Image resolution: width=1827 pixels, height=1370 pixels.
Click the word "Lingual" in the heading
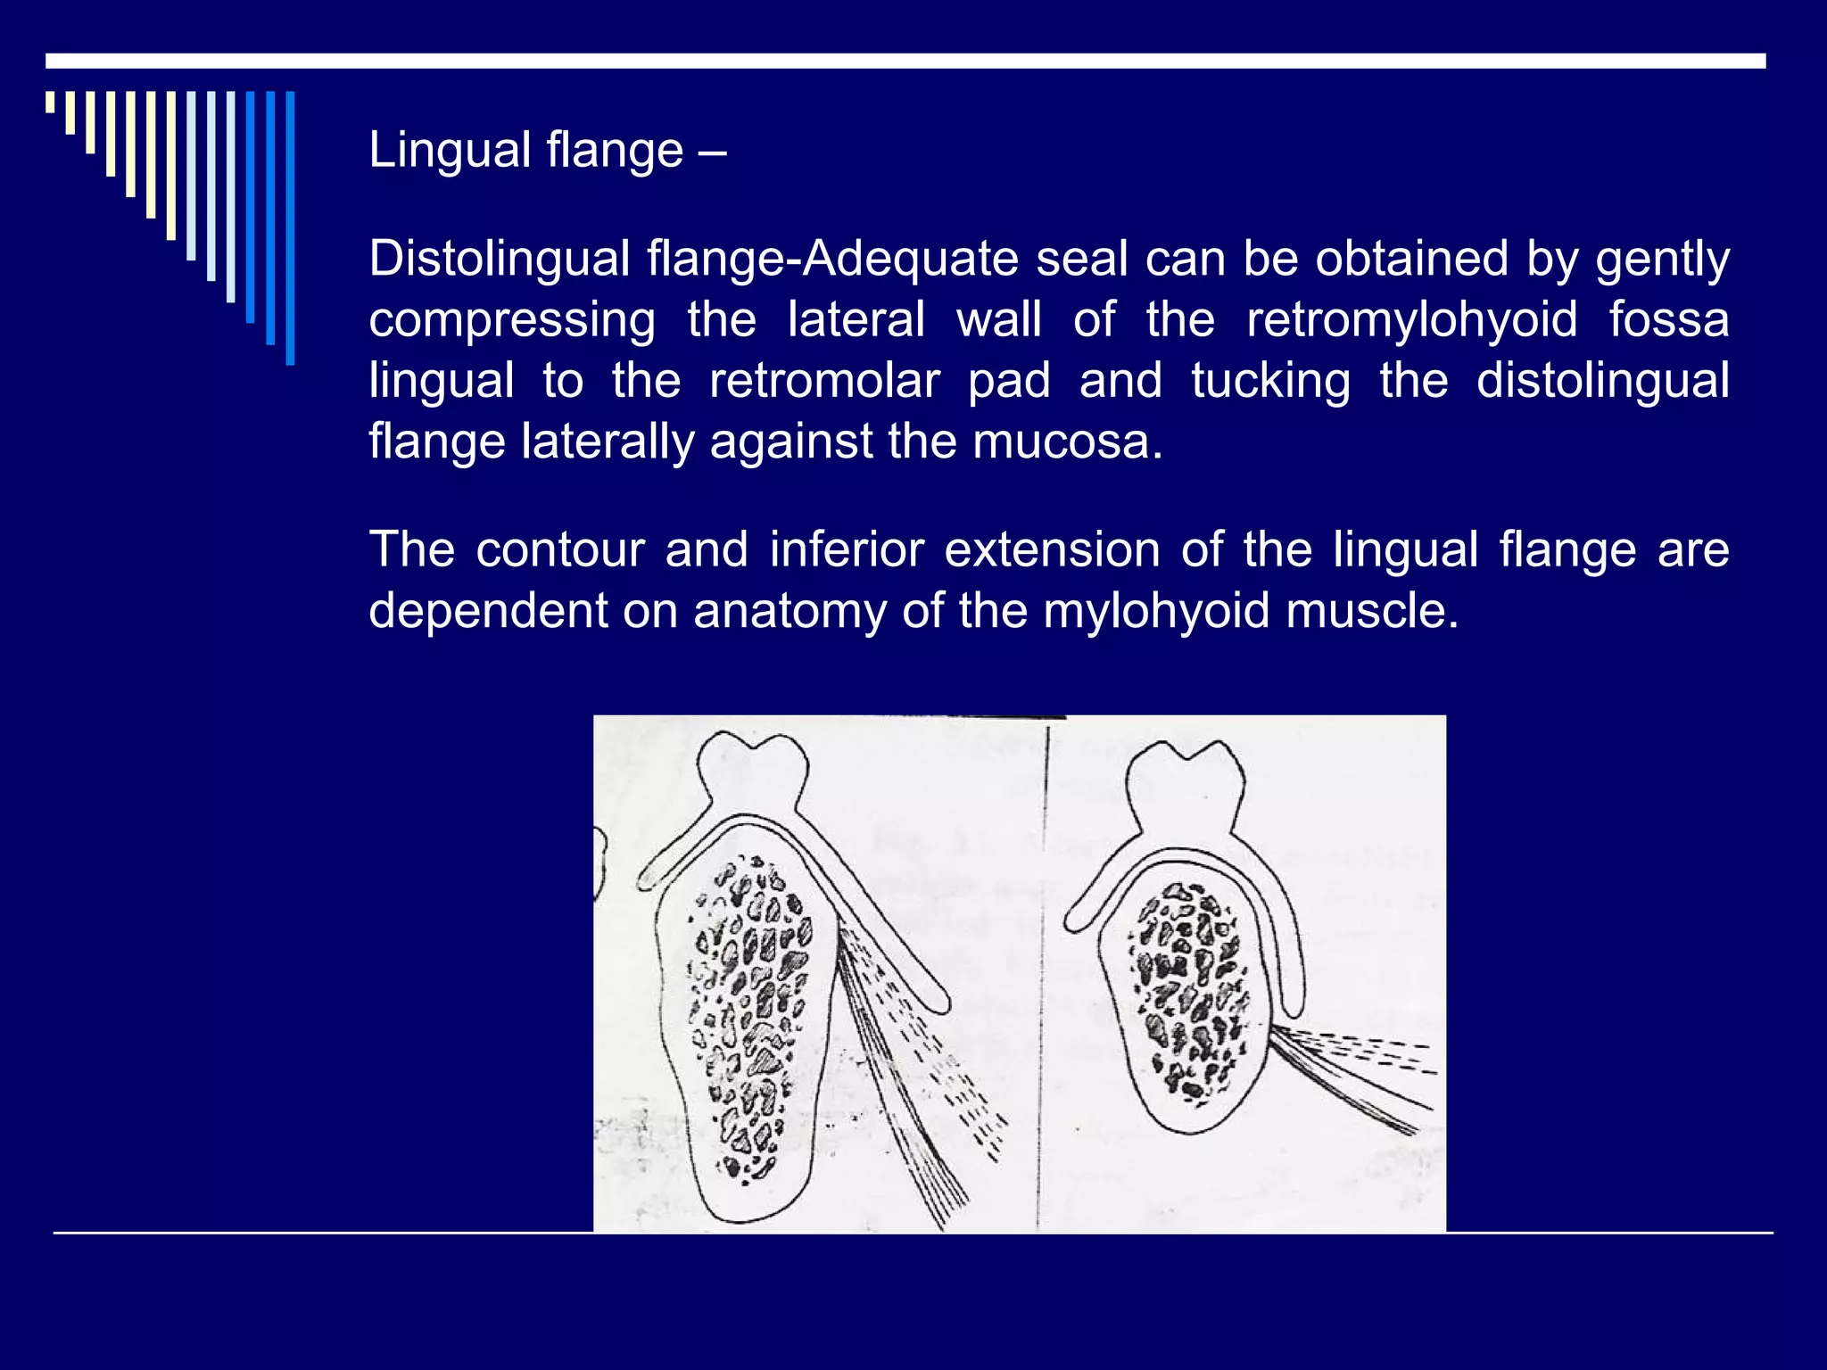(x=450, y=150)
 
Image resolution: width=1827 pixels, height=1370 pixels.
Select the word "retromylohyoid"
(x=1411, y=320)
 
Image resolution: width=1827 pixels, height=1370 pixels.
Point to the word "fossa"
(x=1668, y=319)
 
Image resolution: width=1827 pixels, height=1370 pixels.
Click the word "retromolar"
(x=823, y=381)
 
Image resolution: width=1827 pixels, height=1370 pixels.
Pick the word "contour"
(x=559, y=549)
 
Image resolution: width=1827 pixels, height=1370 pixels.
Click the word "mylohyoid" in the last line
(x=1156, y=611)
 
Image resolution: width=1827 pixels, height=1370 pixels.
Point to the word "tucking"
(x=1270, y=381)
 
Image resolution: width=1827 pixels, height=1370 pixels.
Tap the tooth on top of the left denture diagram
(x=752, y=766)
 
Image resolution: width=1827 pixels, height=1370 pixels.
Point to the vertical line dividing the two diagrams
(x=1042, y=981)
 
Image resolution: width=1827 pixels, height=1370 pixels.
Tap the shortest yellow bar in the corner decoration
(x=50, y=102)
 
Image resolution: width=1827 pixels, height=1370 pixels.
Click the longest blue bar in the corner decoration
(x=290, y=227)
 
